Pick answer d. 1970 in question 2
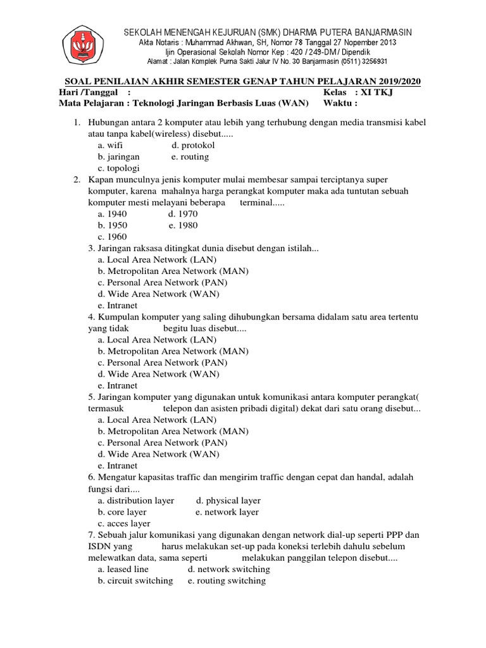183,214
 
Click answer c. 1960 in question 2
113,237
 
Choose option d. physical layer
228,500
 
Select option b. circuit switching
135,580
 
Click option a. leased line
123,569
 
